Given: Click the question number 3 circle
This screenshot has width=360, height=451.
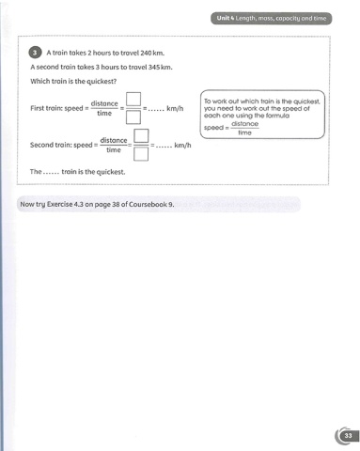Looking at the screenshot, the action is [x=35, y=53].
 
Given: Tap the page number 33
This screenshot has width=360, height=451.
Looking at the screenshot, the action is [x=348, y=436].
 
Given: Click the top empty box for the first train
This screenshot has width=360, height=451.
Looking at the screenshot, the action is [x=133, y=99].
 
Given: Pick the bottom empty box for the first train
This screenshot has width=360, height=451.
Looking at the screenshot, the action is [x=133, y=117].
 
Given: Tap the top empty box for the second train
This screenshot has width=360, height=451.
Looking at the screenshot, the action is [x=141, y=135].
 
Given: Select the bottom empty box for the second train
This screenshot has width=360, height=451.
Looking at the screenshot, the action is [x=141, y=154].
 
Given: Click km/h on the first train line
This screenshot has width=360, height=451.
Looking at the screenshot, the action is [x=175, y=109].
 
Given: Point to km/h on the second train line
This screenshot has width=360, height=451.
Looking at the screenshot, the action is [x=182, y=146].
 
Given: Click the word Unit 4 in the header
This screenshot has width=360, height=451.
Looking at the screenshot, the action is [x=226, y=18].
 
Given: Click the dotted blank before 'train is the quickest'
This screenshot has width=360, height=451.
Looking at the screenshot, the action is [x=51, y=173].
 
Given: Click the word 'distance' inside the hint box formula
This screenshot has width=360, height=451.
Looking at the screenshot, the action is [x=245, y=124].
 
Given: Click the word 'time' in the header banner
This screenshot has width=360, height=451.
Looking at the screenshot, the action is [x=320, y=18].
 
